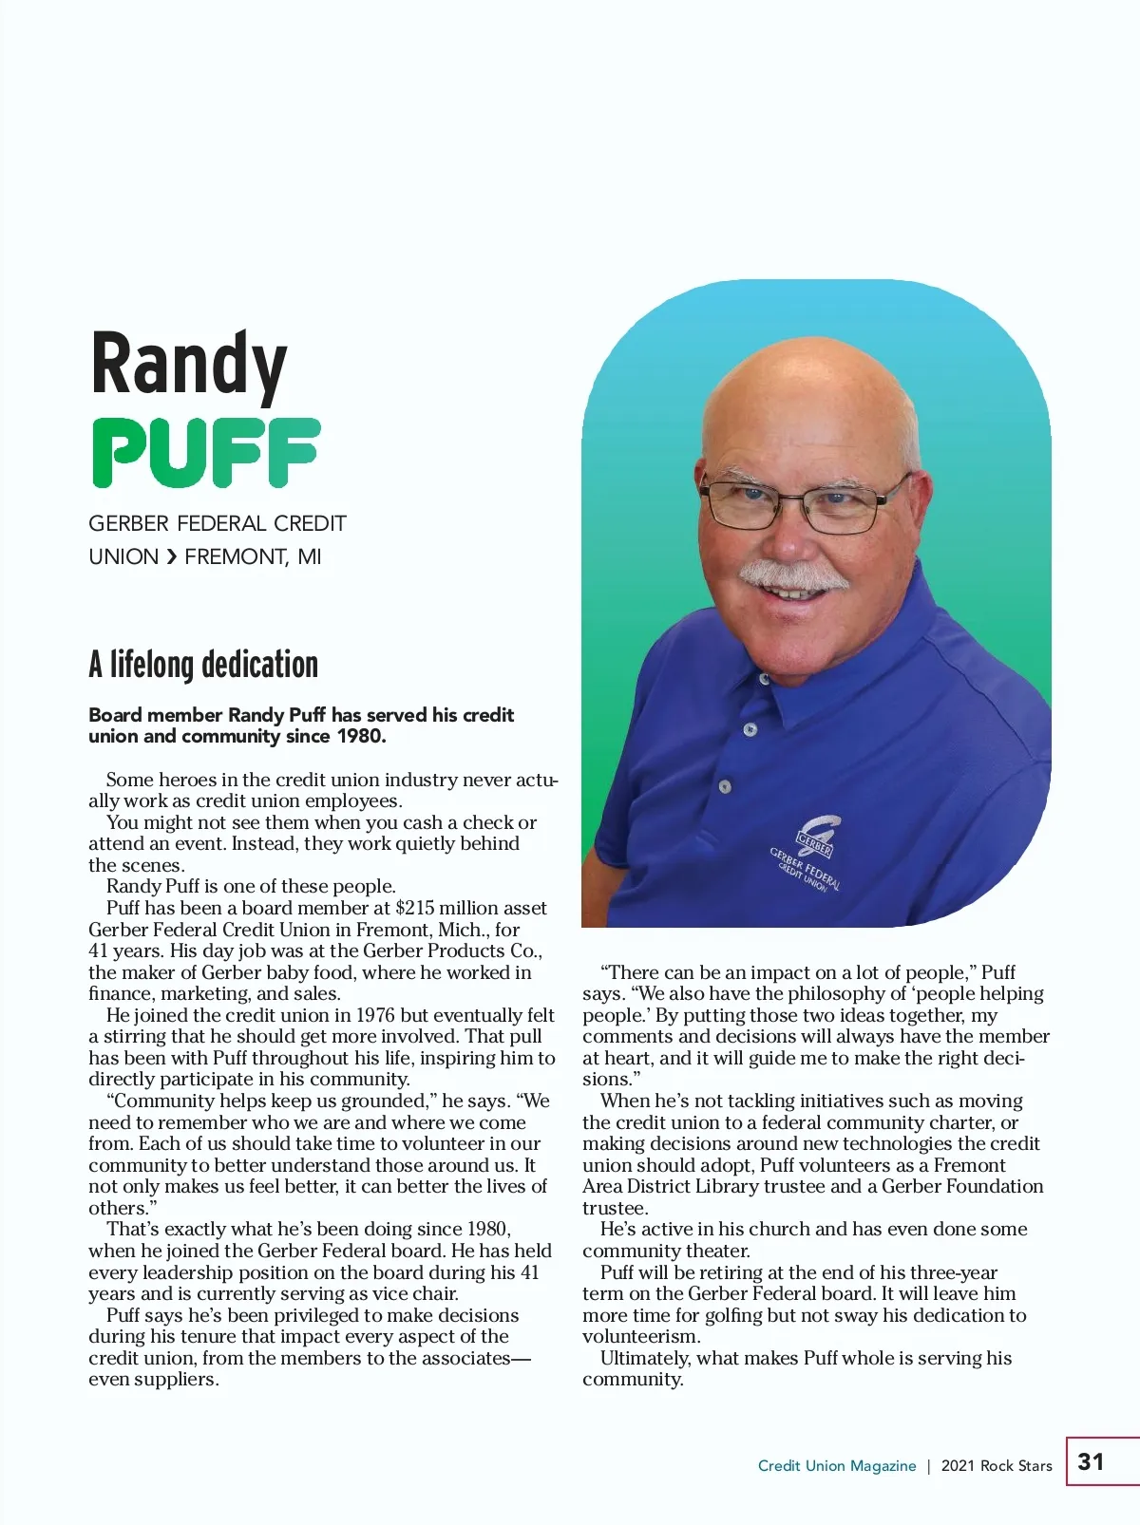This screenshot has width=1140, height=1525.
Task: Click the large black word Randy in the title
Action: point(188,366)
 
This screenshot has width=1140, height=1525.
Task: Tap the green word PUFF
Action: point(205,453)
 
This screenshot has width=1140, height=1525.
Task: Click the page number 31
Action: point(1091,1461)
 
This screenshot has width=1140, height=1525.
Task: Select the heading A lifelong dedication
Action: point(203,665)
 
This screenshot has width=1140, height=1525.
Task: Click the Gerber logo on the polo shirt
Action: point(814,836)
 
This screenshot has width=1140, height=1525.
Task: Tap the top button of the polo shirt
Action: point(765,679)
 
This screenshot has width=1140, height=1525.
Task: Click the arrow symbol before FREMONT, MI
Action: point(171,557)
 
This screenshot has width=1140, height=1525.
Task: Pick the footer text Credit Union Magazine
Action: point(837,1466)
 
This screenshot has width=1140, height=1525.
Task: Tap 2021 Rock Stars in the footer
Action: point(997,1466)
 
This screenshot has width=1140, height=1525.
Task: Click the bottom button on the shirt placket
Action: point(725,787)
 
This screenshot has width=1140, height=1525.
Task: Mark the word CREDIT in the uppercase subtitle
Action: point(310,524)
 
